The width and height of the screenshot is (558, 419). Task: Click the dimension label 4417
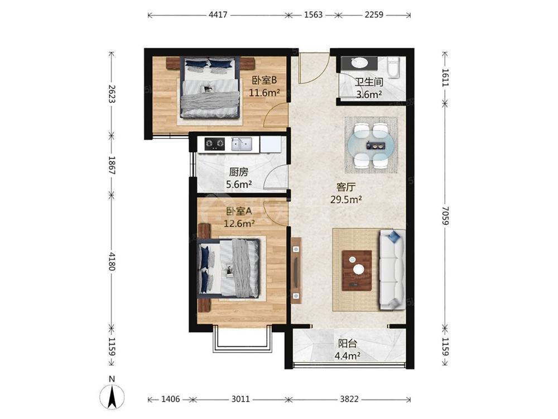pyautogui.click(x=218, y=15)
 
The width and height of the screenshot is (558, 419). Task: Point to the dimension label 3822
pyautogui.click(x=349, y=399)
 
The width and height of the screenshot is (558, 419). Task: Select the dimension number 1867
pyautogui.click(x=112, y=165)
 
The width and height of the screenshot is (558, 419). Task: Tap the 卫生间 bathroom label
pyautogui.click(x=369, y=82)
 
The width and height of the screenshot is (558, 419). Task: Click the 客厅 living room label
pyautogui.click(x=346, y=187)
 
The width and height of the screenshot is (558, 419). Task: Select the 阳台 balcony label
pyautogui.click(x=347, y=344)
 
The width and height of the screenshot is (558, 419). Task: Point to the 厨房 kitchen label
pyautogui.click(x=238, y=173)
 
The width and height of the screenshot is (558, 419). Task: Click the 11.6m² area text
pyautogui.click(x=264, y=93)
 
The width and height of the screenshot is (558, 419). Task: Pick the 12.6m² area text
pyautogui.click(x=239, y=223)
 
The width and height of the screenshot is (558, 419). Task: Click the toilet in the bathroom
pyautogui.click(x=393, y=67)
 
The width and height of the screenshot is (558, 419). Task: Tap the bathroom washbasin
pyautogui.click(x=359, y=63)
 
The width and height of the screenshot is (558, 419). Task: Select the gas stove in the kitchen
pyautogui.click(x=215, y=144)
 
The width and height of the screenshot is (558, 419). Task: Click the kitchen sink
pyautogui.click(x=242, y=144)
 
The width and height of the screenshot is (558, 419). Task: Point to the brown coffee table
pyautogui.click(x=357, y=270)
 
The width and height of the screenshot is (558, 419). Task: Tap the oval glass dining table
pyautogui.click(x=372, y=145)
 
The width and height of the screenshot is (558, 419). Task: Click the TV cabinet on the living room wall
pyautogui.click(x=296, y=270)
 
